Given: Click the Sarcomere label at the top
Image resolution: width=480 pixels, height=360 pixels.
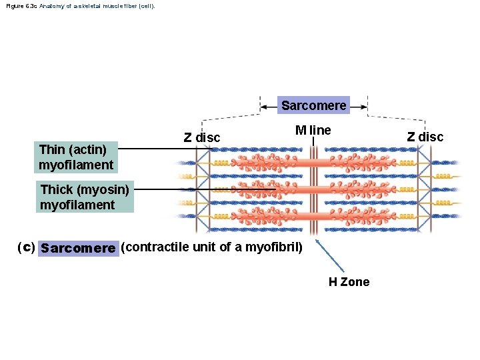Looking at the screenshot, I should coord(313,105).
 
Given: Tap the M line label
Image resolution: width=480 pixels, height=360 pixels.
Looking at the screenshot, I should coord(313,130).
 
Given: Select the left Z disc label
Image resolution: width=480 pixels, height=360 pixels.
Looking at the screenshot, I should coord(201,137).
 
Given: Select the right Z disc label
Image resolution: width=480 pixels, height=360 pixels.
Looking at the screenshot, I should coord(425,137).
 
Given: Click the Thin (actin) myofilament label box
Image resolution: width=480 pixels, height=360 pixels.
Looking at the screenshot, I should coord(76,157).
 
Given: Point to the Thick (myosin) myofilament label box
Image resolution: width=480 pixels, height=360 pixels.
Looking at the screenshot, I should coord(85,197).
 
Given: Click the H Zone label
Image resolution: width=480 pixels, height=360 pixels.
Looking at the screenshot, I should coord(349,282).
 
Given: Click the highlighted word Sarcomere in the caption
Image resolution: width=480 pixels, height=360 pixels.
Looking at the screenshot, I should coord(78,248).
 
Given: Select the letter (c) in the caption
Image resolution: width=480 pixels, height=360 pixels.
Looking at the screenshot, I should coord(26,247).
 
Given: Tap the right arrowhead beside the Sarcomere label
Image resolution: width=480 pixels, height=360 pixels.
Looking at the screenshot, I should coord(364,105).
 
